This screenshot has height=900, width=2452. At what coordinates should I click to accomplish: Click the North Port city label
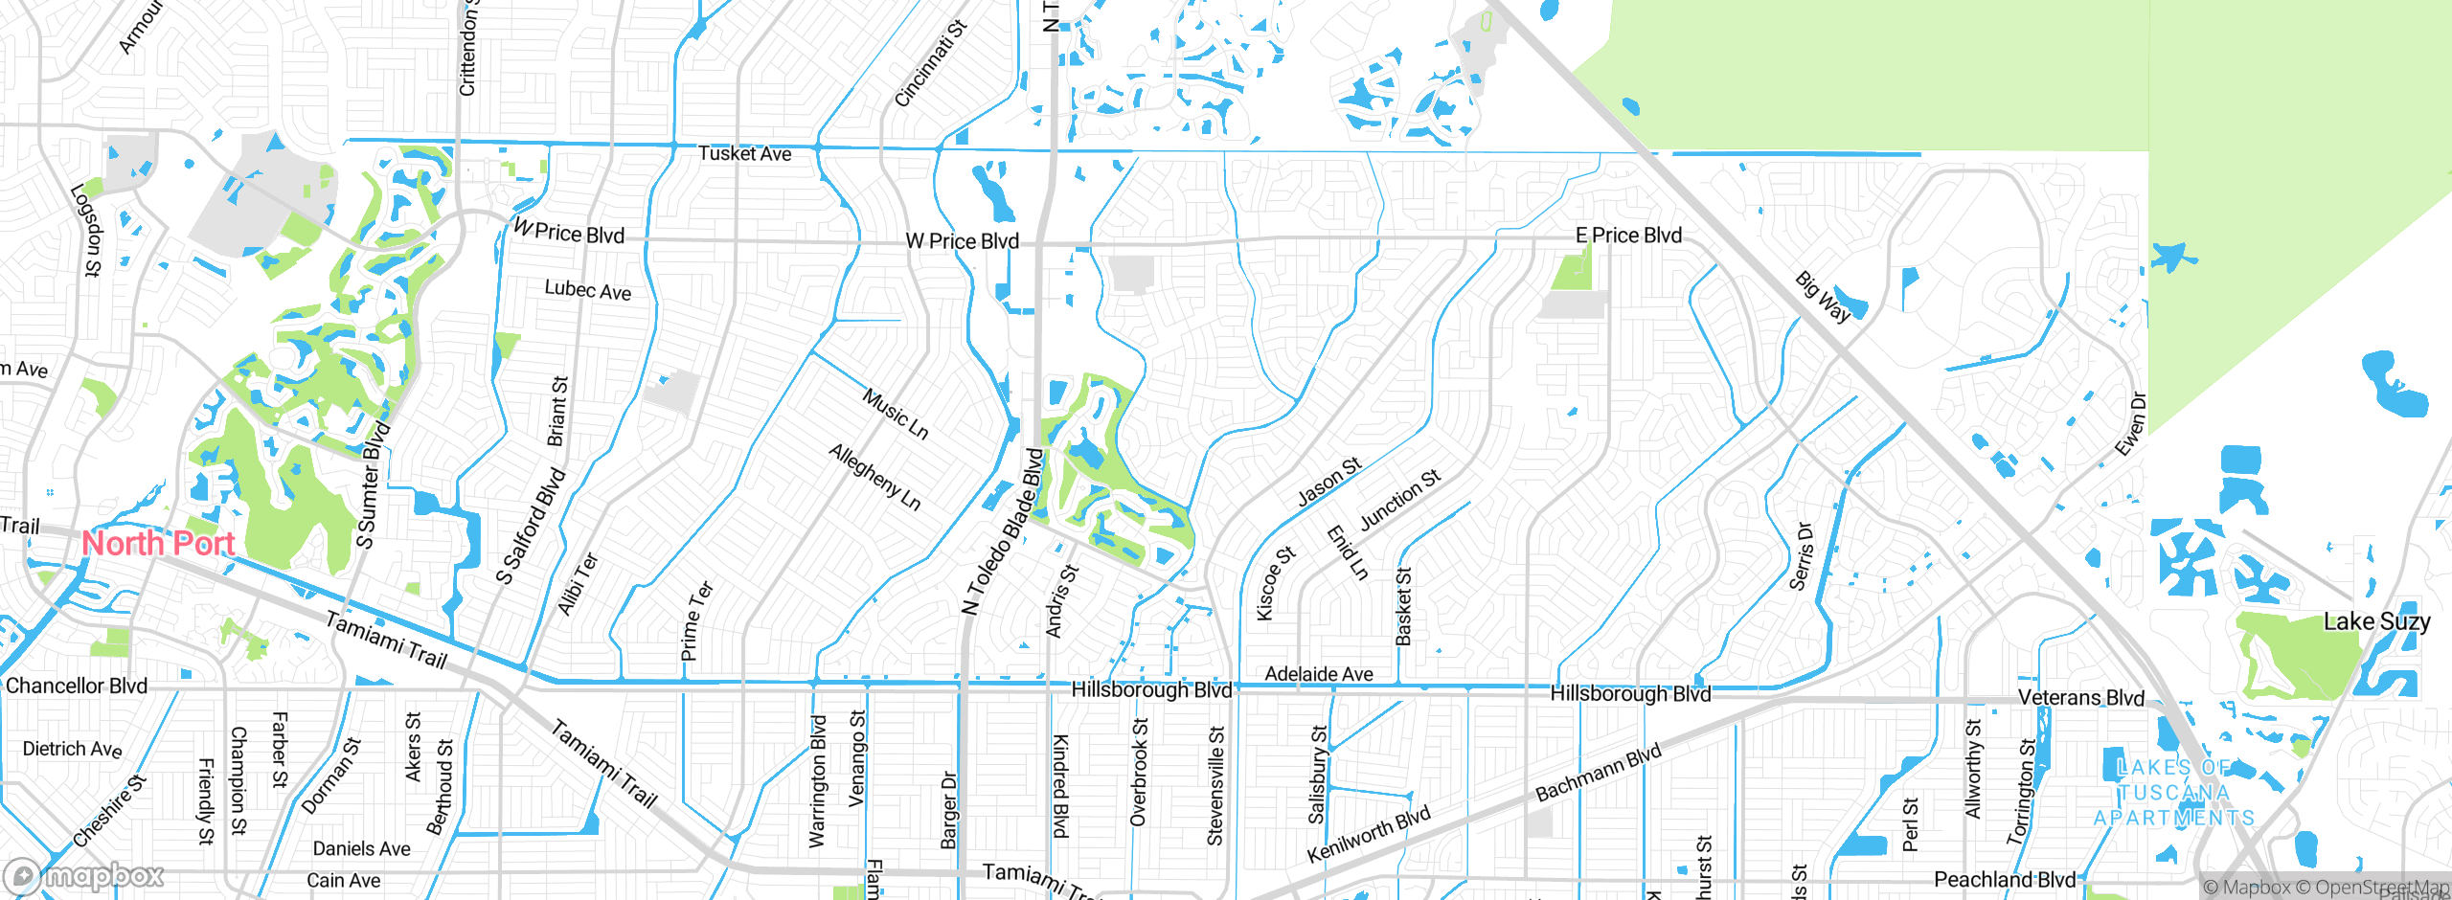[158, 544]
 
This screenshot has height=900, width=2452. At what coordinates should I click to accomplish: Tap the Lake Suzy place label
[2376, 622]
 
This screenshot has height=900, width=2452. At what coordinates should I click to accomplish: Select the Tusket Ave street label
[744, 154]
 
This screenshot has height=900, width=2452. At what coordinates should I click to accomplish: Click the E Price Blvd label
[1628, 236]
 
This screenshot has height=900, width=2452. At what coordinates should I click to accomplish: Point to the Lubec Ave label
[587, 290]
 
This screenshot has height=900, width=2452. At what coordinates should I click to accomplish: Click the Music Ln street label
[895, 414]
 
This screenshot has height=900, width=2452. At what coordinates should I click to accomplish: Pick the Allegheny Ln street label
[874, 477]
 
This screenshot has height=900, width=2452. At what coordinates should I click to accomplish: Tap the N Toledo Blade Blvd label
[1002, 531]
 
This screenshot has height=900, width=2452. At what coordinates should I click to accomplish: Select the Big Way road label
[1823, 298]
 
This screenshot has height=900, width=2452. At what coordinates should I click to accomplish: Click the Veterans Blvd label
[2080, 698]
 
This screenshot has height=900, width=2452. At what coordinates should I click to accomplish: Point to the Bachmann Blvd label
[1598, 774]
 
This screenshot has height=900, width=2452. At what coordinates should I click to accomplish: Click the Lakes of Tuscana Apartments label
[2173, 793]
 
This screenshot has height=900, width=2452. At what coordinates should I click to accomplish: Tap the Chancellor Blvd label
[77, 686]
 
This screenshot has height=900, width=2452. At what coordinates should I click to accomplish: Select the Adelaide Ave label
[1318, 674]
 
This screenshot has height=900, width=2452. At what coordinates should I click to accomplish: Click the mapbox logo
[84, 876]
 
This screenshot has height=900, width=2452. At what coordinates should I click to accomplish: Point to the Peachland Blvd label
[2004, 880]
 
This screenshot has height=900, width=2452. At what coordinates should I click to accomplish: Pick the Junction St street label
[1399, 500]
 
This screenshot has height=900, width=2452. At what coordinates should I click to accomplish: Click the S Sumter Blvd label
[372, 484]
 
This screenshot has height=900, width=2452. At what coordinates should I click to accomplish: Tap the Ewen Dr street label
[2131, 424]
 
